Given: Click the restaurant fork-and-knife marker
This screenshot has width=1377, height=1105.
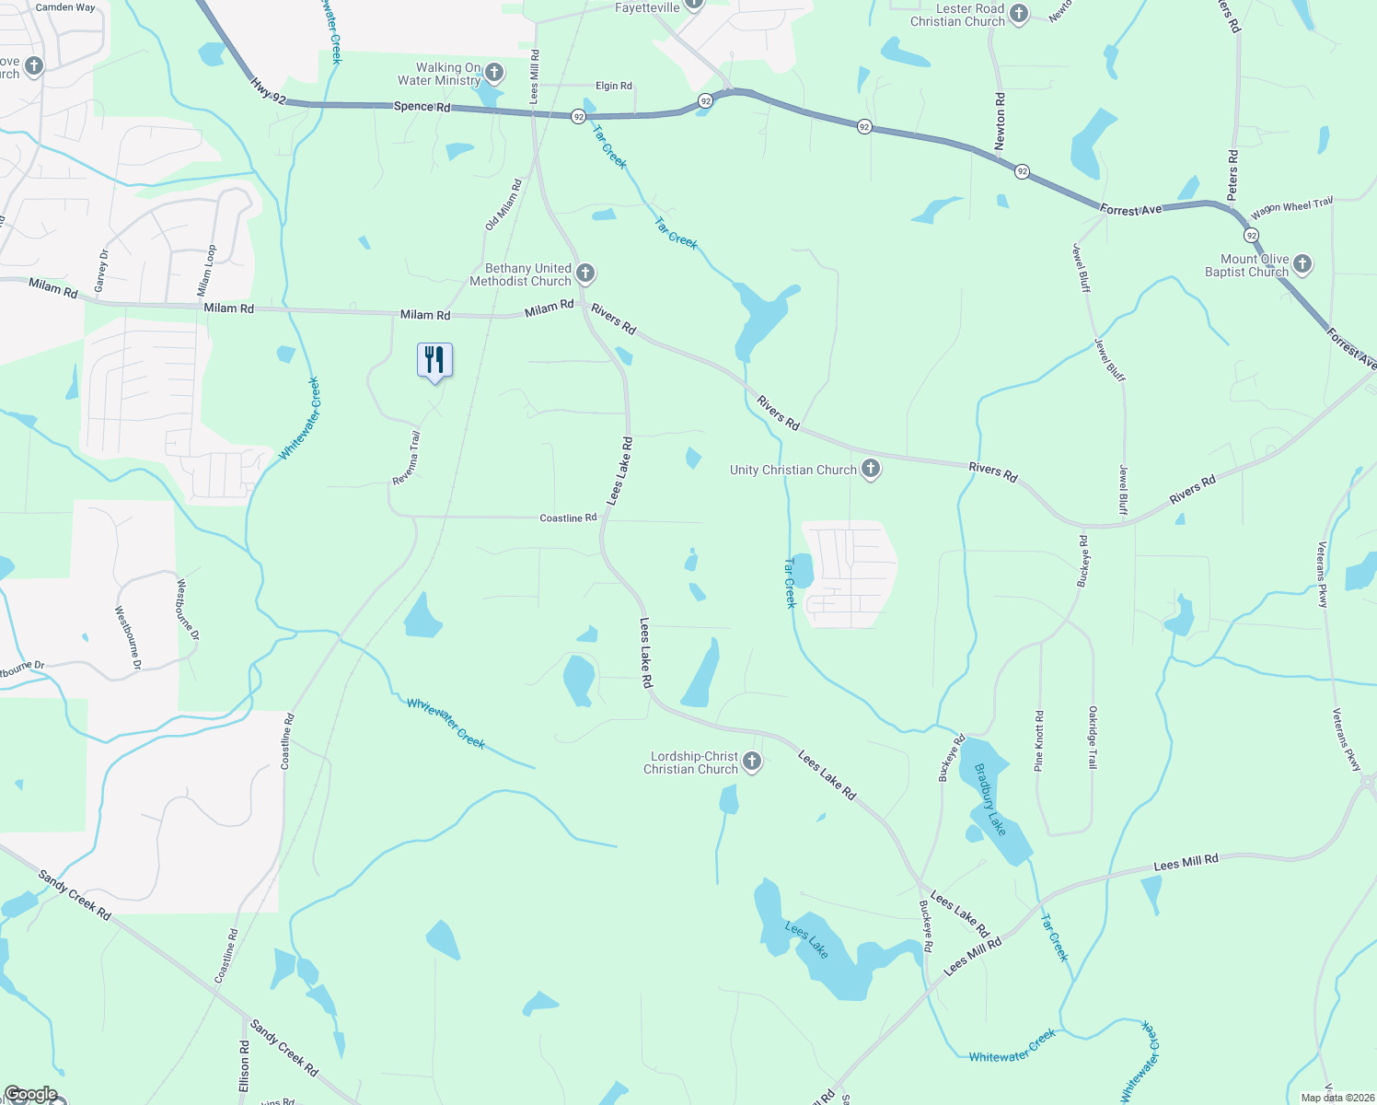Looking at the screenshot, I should [434, 360].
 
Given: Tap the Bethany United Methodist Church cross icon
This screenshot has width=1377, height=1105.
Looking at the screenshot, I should [585, 273].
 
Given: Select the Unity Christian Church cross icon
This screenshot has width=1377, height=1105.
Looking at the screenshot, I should [870, 470].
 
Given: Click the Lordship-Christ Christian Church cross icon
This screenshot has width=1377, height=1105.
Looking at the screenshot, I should [752, 762].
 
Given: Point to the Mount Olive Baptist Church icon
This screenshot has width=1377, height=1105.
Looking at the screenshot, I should [1302, 265].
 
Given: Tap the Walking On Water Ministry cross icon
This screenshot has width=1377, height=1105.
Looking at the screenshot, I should [494, 73].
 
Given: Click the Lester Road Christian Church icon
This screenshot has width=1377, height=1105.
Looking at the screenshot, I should [1018, 14].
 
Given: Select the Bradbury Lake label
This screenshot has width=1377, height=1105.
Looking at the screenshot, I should [989, 799].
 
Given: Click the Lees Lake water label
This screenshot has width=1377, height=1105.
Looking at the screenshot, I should [806, 939].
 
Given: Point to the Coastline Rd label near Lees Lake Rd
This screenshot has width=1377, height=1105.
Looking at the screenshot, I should [568, 518].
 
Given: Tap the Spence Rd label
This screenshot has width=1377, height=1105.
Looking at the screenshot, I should [422, 107].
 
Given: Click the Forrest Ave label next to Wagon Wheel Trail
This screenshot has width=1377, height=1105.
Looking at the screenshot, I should [1130, 211].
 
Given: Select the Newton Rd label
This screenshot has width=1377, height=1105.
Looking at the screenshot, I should [1001, 121].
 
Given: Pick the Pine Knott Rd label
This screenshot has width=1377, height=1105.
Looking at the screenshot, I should [1039, 740].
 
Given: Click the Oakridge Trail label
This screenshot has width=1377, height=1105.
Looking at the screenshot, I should [1093, 737].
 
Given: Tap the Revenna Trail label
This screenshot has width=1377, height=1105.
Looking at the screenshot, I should [406, 458].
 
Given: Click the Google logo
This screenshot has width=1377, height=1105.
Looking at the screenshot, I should [30, 1094].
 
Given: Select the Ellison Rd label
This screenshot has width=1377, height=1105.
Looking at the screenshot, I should [244, 1066].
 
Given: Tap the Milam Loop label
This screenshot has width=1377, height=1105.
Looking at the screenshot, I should [207, 270].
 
